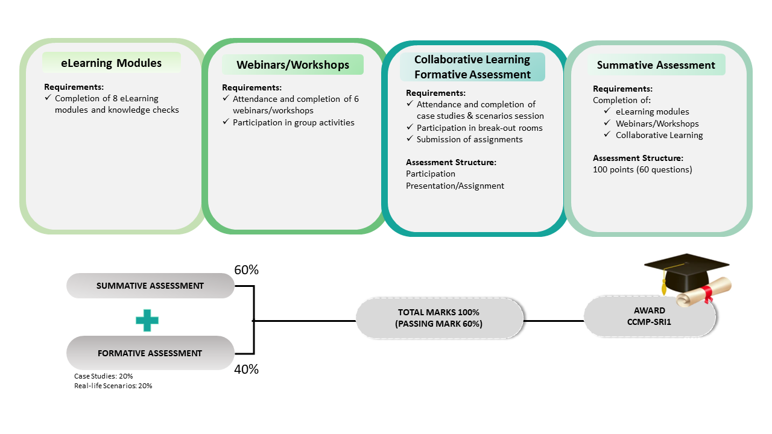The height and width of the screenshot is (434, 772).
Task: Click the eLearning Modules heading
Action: click(x=112, y=63)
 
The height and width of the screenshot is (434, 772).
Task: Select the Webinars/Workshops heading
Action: click(x=293, y=64)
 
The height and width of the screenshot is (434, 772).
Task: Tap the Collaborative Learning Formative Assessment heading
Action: click(x=472, y=67)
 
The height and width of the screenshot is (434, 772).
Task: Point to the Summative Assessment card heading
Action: click(x=656, y=65)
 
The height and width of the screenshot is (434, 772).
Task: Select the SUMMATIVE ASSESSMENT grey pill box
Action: click(x=150, y=286)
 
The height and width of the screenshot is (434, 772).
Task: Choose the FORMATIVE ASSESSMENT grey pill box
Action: click(x=150, y=353)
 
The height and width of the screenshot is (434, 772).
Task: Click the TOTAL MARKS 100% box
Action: click(x=438, y=318)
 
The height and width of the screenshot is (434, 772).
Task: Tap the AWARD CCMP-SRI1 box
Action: click(x=649, y=316)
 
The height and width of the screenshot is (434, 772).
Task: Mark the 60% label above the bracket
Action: click(x=246, y=270)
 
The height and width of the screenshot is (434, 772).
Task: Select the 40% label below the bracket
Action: click(x=246, y=370)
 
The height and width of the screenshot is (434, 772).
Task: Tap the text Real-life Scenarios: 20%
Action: click(x=113, y=386)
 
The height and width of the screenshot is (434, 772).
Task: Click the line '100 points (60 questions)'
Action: click(x=642, y=169)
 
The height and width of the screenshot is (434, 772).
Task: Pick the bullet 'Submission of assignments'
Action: click(x=470, y=139)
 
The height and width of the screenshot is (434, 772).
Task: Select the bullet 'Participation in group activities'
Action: click(x=294, y=122)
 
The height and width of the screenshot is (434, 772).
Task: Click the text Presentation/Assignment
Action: click(x=455, y=186)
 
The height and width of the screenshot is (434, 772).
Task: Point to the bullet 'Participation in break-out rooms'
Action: click(x=479, y=128)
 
